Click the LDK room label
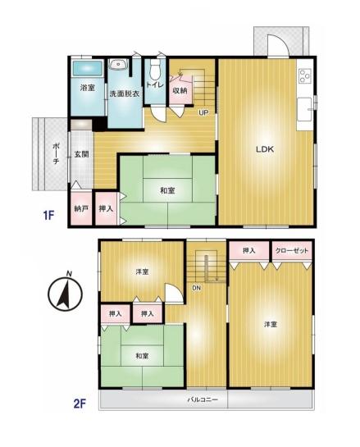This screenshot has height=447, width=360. tap(265, 149)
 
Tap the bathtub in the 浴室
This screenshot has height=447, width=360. tap(88, 68)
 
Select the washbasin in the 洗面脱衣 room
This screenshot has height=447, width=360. tap(119, 65)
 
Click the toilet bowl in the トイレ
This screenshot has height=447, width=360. tap(155, 69)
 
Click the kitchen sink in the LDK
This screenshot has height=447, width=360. tap(304, 110)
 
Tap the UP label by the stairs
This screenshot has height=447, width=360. tap(203, 113)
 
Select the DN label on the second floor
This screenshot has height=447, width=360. tap(196, 288)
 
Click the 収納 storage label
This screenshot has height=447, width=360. tap(180, 90)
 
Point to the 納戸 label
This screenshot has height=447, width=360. tap(81, 208)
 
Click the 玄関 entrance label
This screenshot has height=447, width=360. tap(81, 154)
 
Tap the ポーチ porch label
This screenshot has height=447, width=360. tap(56, 153)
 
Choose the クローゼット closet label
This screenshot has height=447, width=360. tap(292, 251)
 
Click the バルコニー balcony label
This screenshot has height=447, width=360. tap(203, 399)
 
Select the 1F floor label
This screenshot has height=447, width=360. tap(48, 215)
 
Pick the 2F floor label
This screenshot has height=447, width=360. tap(80, 404)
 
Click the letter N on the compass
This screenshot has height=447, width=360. tap(69, 274)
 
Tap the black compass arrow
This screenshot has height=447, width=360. tap(64, 294)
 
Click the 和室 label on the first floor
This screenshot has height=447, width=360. tap(167, 190)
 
